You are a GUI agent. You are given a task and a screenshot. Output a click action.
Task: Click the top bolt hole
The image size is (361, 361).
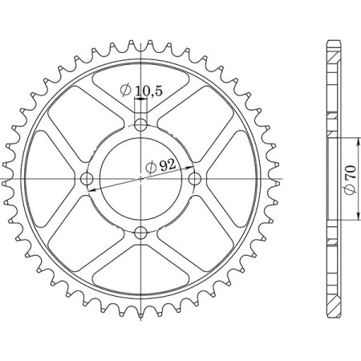coord(141,125)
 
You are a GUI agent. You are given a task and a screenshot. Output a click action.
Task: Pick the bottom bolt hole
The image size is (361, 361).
coord(141,233)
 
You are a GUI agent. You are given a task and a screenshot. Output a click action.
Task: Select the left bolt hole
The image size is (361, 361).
coord(87,179)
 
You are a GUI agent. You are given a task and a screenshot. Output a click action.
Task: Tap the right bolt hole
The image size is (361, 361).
coord(195,179)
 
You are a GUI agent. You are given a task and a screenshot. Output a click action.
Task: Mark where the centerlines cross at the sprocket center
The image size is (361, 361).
coord(141,179)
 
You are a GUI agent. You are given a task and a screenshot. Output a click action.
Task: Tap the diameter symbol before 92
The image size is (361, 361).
coord(150,167)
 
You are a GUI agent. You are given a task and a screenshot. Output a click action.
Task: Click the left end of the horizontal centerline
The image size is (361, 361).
coord(5,179)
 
